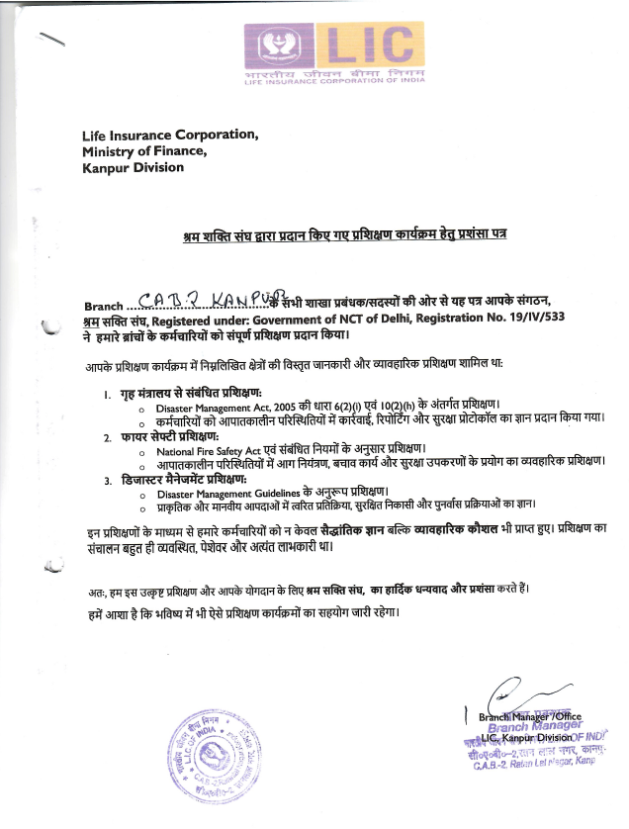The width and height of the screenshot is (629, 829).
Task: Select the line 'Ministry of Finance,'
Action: point(144,151)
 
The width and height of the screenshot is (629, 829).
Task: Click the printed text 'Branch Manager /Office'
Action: point(529,715)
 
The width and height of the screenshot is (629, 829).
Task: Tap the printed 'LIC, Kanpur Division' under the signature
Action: point(526,737)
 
